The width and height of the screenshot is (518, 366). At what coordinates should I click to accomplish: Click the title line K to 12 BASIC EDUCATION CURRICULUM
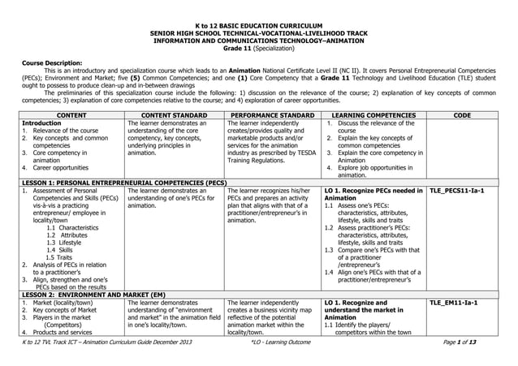point(258,26)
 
